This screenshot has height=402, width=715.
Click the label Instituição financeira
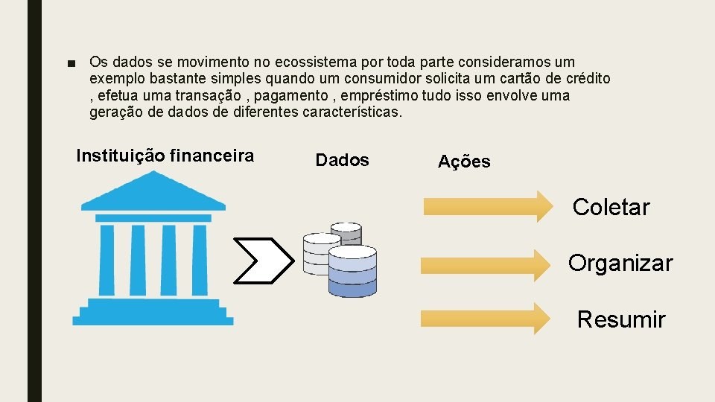click(x=165, y=156)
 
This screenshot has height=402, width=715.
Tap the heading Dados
click(x=342, y=160)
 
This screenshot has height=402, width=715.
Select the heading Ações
click(x=464, y=162)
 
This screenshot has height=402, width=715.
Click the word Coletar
click(x=611, y=207)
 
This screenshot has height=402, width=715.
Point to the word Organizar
click(x=620, y=263)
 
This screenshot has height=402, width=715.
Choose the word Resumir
click(x=620, y=319)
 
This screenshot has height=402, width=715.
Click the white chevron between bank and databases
click(x=263, y=261)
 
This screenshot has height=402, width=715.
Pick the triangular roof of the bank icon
click(x=153, y=192)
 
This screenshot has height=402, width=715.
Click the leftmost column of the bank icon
click(x=107, y=260)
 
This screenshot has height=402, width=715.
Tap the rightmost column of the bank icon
click(x=199, y=260)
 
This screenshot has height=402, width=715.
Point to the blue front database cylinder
click(x=352, y=272)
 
